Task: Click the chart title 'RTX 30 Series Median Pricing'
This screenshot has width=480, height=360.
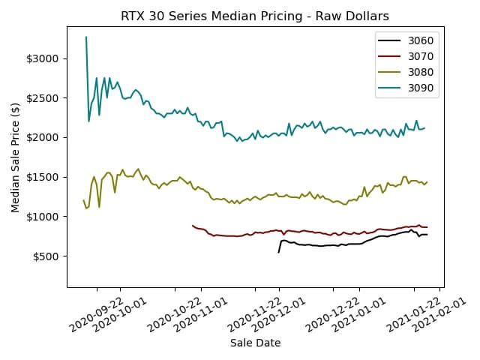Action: [255, 16]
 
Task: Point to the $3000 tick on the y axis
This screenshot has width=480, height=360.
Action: [43, 58]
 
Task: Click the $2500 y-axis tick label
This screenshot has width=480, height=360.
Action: [43, 98]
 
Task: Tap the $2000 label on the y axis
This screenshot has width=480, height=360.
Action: [43, 138]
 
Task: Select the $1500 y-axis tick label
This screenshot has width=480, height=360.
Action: [43, 178]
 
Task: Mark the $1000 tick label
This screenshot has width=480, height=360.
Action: [43, 217]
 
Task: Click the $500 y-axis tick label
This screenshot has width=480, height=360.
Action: [46, 256]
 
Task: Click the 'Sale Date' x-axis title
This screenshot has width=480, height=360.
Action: [255, 343]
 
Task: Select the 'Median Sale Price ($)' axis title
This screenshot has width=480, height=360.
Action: [16, 158]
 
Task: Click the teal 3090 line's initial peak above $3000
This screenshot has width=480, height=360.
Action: [86, 37]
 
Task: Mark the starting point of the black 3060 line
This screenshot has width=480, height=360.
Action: [279, 252]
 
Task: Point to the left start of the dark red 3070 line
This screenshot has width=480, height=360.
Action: [193, 225]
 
